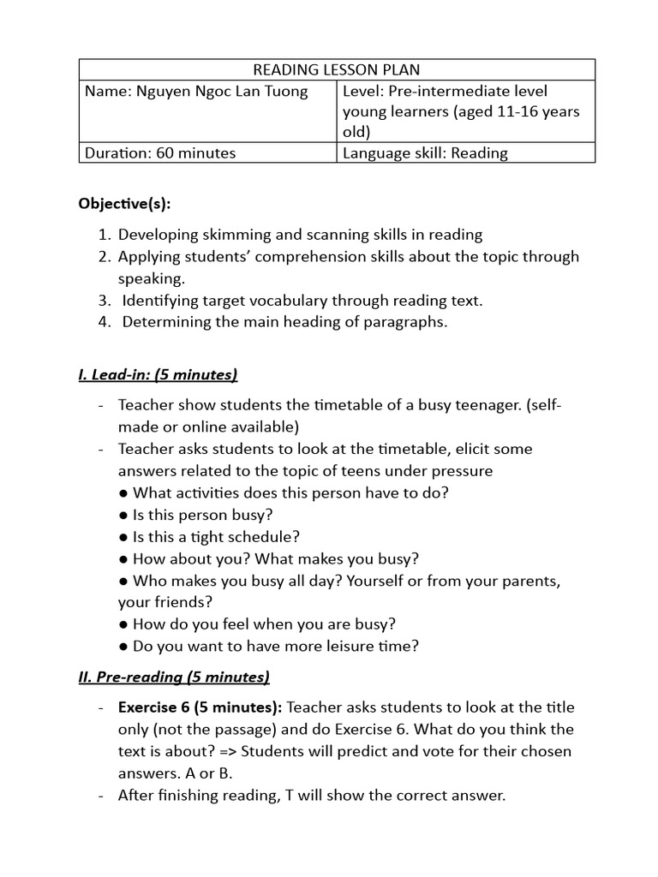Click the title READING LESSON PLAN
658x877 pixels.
pos(337,69)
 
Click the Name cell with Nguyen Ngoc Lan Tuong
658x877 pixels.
pos(196,91)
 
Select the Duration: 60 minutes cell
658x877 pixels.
pos(159,153)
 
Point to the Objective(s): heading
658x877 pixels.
pos(124,203)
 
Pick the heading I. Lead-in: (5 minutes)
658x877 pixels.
pos(158,374)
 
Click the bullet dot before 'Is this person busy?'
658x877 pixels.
pos(124,515)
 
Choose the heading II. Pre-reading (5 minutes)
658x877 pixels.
pos(174,677)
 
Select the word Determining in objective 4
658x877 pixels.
pos(165,323)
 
